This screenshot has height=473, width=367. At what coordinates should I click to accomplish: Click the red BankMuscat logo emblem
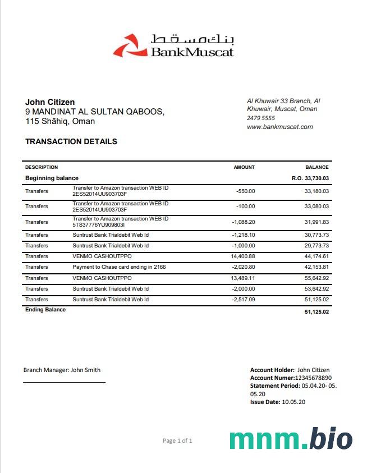tap(129, 46)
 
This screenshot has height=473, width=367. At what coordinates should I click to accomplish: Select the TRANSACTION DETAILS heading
tap(71, 141)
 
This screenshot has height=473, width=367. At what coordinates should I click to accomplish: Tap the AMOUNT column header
tap(244, 167)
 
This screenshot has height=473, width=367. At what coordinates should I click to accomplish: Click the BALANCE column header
tap(317, 167)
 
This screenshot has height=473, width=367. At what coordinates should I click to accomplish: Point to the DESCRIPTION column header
tap(42, 167)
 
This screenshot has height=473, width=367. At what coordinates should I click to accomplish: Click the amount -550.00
tap(246, 191)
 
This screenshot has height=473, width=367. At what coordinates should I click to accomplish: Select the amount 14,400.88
tap(242, 256)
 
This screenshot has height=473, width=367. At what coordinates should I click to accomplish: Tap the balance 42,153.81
tap(316, 267)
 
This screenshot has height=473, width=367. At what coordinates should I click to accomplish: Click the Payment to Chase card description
tap(119, 267)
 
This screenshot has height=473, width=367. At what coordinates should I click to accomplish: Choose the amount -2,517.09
tap(244, 300)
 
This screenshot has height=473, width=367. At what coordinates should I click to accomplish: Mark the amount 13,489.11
tap(242, 278)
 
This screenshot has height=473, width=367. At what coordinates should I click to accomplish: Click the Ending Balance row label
tap(45, 310)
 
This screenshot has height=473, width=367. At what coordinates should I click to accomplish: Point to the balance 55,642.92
tap(316, 278)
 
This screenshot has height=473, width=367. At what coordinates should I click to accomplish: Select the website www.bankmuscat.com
tap(280, 127)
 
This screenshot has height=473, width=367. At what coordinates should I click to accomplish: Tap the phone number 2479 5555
tap(261, 118)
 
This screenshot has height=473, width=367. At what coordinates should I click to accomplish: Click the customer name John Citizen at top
tap(50, 102)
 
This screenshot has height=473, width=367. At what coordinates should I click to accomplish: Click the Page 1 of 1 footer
tap(177, 441)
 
